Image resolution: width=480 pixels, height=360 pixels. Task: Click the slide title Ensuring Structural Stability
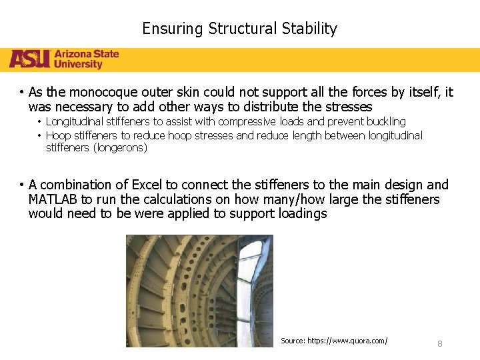tap(239, 29)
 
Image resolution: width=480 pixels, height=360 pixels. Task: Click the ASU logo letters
tap(29, 59)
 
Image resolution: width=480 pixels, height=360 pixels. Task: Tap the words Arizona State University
tap(87, 59)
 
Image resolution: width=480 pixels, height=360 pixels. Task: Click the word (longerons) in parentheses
tap(97, 147)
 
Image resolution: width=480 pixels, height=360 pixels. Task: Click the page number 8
tap(439, 343)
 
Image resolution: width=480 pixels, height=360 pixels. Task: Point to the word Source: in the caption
tap(293, 341)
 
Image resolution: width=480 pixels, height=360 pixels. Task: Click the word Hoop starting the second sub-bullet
tap(58, 135)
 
